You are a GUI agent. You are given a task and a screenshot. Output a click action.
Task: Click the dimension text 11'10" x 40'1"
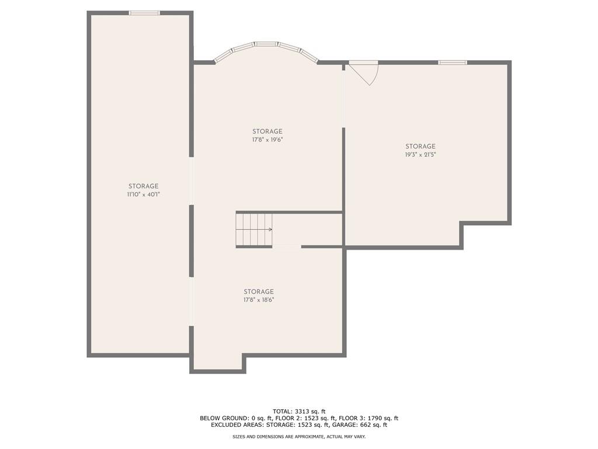pos(143,194)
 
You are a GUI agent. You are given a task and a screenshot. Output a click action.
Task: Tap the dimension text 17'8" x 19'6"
pos(267,140)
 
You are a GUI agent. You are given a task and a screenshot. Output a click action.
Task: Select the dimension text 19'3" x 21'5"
pos(420,154)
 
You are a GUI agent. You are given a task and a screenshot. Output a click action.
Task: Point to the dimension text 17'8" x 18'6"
pos(259,299)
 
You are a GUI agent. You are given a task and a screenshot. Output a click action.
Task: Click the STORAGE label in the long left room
pos(143,186)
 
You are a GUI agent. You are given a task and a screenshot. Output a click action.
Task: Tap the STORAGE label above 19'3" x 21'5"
pos(420,146)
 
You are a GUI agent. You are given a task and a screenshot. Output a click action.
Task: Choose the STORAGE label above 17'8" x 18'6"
pos(259,291)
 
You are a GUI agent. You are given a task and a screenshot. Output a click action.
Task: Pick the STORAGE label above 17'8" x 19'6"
pos(267,132)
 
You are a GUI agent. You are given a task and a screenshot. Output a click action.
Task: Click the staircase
pos(254,230)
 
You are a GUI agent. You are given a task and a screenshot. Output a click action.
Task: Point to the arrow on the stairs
pos(269,229)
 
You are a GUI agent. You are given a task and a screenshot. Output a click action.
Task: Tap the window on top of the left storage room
pos(144,13)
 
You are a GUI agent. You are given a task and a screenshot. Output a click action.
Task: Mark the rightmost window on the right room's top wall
pos(453,63)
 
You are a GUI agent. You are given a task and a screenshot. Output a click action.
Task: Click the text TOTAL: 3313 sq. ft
pos(299,411)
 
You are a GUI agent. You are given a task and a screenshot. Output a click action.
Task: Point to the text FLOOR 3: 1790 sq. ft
pos(370,418)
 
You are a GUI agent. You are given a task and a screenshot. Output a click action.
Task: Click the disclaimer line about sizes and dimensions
pos(299,436)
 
